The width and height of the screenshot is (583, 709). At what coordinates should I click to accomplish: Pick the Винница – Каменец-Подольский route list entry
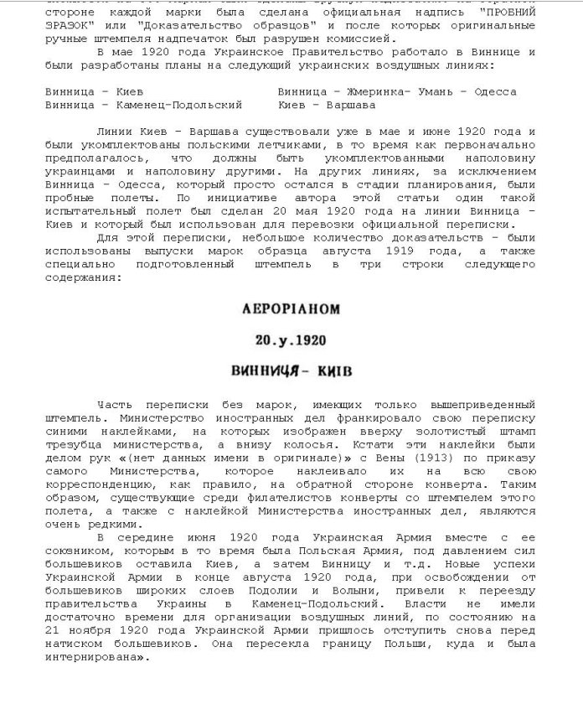pos(144,105)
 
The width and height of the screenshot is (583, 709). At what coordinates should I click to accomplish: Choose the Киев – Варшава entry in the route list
pos(327,105)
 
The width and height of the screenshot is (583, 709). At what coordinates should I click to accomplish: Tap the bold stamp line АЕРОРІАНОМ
pos(291,309)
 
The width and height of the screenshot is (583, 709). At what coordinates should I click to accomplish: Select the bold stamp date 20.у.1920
pos(291,340)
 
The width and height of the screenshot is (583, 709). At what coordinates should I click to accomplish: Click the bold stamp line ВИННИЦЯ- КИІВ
pos(291,370)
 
